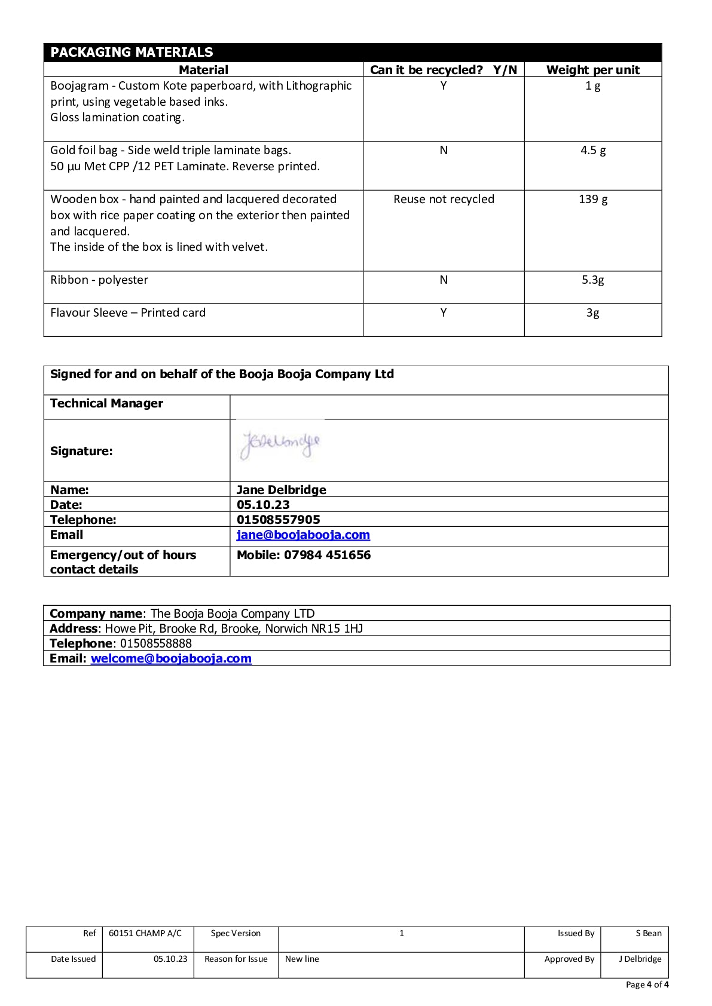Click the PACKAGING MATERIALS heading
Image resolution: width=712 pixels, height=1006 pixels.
point(132,52)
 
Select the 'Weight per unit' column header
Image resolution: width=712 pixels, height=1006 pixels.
point(592,70)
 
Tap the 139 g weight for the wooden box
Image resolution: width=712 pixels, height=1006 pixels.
point(592,199)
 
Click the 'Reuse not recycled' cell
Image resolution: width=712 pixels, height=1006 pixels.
point(444,199)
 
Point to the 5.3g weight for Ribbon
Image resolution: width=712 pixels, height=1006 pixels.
point(592,280)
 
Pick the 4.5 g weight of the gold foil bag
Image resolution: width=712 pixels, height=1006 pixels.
point(592,150)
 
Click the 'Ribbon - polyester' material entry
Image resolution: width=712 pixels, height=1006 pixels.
point(99,280)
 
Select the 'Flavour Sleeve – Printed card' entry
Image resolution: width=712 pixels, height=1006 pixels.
point(128,312)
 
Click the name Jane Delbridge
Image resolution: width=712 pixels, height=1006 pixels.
point(282,490)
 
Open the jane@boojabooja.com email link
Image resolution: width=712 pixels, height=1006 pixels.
point(303,535)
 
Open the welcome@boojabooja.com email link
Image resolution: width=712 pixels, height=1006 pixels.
point(171,658)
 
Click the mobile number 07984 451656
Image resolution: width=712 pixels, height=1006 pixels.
point(327,555)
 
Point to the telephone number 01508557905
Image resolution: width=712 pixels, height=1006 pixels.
point(278,520)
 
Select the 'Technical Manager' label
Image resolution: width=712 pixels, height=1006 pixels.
point(106,403)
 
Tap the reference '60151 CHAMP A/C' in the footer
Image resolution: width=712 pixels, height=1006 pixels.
point(145,933)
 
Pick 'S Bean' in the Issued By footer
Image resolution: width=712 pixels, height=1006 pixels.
point(649,933)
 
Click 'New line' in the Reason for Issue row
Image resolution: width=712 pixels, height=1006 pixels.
point(302,959)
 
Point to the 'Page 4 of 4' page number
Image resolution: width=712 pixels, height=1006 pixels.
point(647,984)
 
